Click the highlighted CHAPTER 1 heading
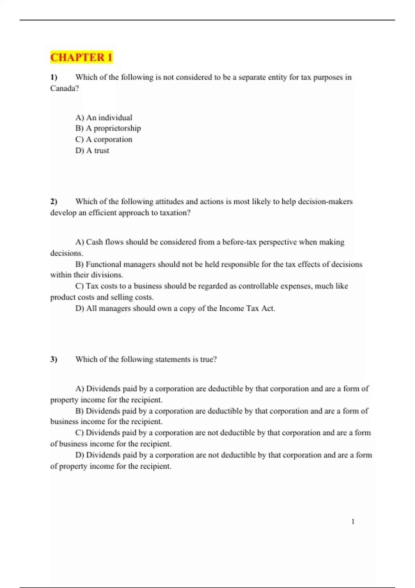tap(81, 57)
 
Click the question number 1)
tap(54, 77)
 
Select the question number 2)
tap(54, 201)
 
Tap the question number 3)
tap(54, 359)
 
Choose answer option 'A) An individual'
tap(104, 118)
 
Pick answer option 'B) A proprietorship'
tap(108, 128)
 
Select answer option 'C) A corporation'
tap(104, 139)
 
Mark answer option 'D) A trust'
tap(92, 150)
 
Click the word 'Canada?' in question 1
tap(64, 88)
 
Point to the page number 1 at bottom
tap(353, 521)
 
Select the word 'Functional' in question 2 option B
tap(103, 264)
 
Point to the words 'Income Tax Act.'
tap(247, 308)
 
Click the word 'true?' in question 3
tap(208, 359)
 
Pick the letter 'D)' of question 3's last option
tap(80, 455)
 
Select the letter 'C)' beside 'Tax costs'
tap(80, 286)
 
